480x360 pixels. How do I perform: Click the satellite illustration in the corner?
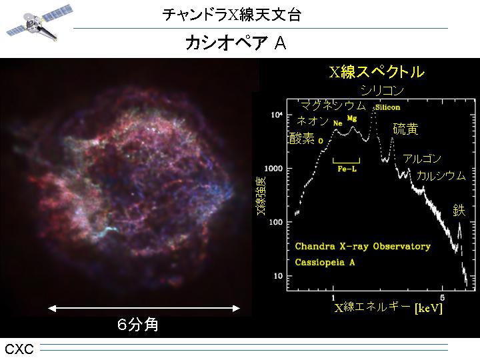[39, 23]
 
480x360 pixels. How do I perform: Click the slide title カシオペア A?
[236, 43]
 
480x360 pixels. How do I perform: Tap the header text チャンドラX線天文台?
[232, 14]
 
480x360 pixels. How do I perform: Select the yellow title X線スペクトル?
[377, 72]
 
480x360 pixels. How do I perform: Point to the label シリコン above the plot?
[382, 90]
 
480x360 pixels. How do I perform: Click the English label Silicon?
[387, 107]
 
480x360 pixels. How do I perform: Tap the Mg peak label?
[352, 118]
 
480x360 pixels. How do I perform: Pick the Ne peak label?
[337, 123]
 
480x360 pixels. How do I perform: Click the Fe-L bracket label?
[347, 169]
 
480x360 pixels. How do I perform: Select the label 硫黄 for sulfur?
[405, 129]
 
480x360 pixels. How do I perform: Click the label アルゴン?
[422, 159]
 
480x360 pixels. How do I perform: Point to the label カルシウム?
[441, 176]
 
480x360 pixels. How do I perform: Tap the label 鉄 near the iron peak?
[459, 211]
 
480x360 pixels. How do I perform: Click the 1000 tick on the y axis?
[273, 169]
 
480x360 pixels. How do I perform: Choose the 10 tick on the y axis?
[278, 276]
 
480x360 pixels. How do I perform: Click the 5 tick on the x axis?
[442, 297]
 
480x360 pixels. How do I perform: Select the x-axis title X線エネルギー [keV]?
[389, 307]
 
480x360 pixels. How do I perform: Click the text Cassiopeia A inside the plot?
[325, 263]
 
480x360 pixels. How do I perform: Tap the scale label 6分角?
[138, 325]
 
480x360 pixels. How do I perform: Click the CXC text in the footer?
[19, 349]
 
